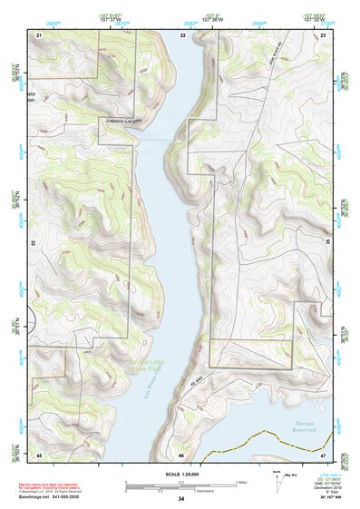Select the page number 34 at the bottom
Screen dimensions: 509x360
[181, 500]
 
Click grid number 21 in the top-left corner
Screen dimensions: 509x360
[39, 34]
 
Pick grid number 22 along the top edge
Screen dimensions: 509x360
[182, 34]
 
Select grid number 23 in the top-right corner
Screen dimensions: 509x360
[323, 34]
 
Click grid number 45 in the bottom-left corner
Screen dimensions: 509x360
[39, 455]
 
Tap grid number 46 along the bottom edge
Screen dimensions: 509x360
[181, 455]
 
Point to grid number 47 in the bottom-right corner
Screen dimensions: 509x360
[323, 455]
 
